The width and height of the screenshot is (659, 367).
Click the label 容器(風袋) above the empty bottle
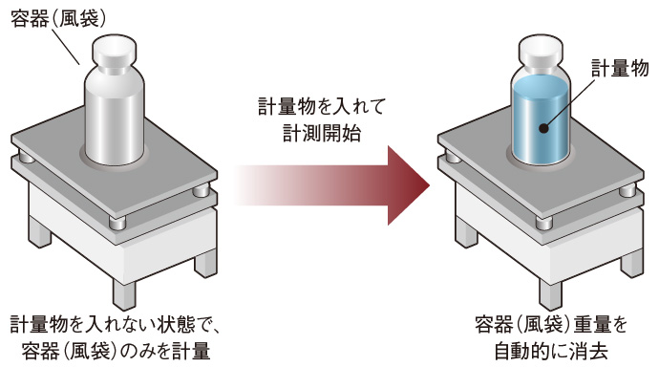(x=58, y=19)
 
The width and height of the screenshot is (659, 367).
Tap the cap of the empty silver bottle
(x=114, y=49)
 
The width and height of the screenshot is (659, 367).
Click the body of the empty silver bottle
(x=115, y=115)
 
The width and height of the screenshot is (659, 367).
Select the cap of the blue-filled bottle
(x=541, y=49)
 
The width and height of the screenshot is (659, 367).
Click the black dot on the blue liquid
(x=543, y=128)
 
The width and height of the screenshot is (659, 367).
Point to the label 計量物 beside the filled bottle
(x=620, y=68)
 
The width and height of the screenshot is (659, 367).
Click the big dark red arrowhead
(x=409, y=185)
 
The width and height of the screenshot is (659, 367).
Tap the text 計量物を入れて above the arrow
(x=322, y=107)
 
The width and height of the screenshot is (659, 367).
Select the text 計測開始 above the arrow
(x=322, y=133)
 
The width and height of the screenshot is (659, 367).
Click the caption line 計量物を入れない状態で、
(x=115, y=325)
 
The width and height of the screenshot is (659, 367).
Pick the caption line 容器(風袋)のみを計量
(x=116, y=351)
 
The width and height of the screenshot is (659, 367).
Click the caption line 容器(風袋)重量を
(x=551, y=325)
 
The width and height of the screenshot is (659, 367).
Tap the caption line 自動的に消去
(x=551, y=351)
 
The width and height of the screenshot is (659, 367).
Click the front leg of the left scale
(x=124, y=293)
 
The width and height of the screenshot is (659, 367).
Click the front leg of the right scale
(x=551, y=293)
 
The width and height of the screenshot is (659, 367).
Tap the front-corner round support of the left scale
(x=117, y=223)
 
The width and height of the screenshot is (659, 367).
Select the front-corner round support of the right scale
(x=543, y=223)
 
